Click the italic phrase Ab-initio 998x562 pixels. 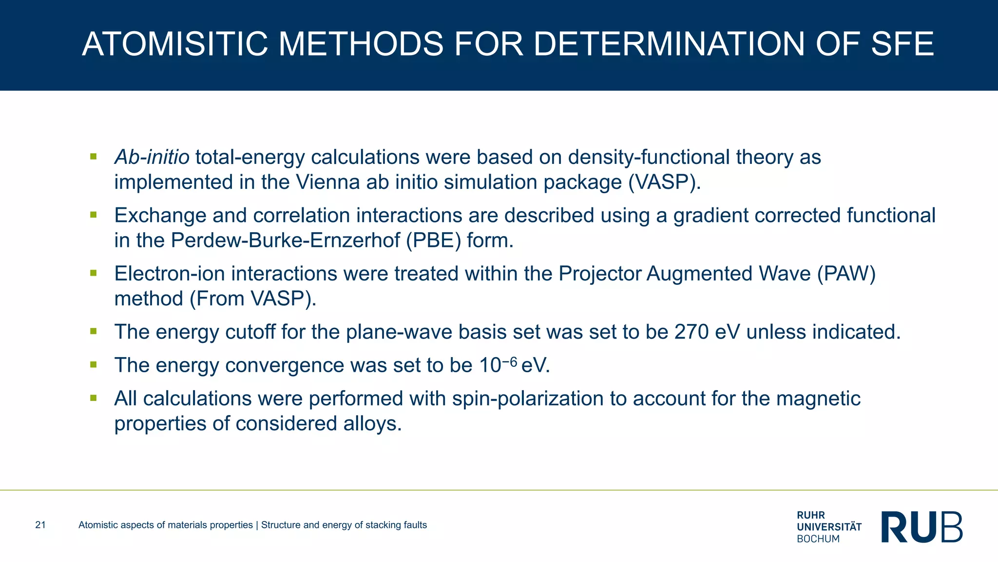pyautogui.click(x=152, y=157)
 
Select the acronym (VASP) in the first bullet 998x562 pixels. pyautogui.click(x=664, y=182)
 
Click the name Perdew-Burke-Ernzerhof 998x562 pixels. pyautogui.click(x=285, y=240)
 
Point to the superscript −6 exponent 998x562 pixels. pyautogui.click(x=509, y=361)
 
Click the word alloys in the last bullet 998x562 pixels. pyautogui.click(x=372, y=423)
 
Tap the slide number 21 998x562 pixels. pyautogui.click(x=40, y=525)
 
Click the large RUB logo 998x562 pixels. pyautogui.click(x=922, y=527)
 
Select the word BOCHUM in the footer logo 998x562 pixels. pyautogui.click(x=818, y=539)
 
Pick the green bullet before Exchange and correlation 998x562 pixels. pyautogui.click(x=94, y=215)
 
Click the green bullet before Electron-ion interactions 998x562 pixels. pyautogui.click(x=94, y=273)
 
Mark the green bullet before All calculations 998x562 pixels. pyautogui.click(x=94, y=398)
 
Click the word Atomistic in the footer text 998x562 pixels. pyautogui.click(x=97, y=525)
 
